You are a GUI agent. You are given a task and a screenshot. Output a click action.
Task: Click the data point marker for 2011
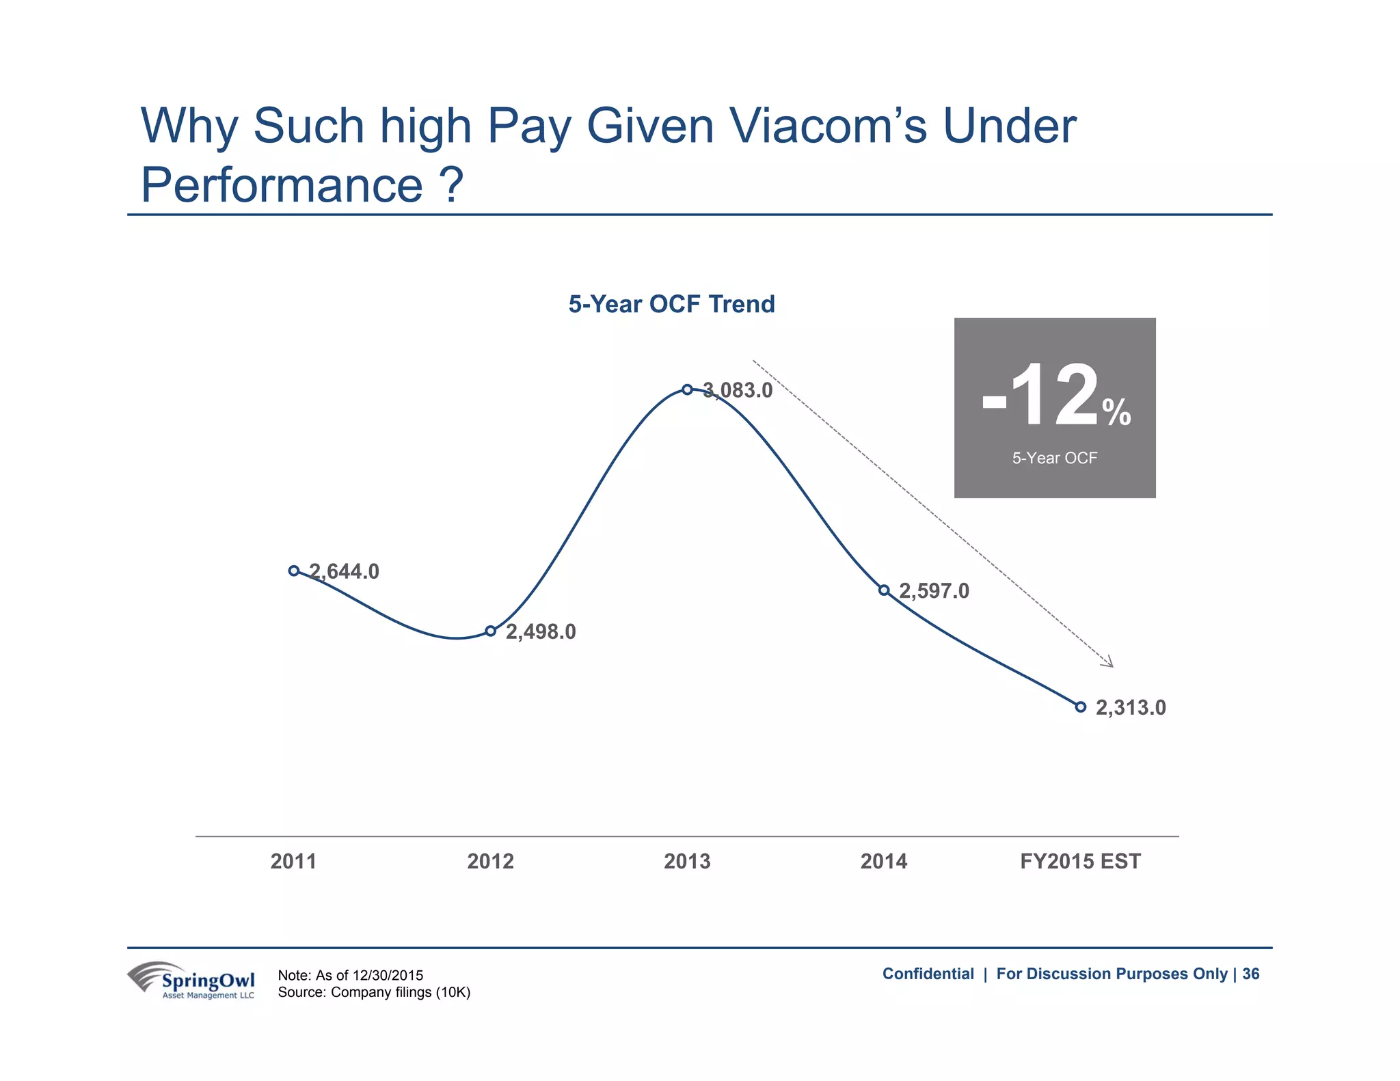tap(294, 571)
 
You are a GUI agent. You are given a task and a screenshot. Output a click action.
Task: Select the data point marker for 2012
tap(490, 631)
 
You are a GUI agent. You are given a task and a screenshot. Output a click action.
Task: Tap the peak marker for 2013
tap(687, 389)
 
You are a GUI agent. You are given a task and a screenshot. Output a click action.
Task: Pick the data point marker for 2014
tap(884, 590)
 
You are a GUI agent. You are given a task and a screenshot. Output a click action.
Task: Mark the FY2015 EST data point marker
tap(1080, 707)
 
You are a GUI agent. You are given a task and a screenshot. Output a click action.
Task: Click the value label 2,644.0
tap(345, 571)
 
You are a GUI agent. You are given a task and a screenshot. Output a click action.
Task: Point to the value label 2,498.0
tap(541, 632)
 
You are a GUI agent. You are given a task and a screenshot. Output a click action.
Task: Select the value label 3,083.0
tap(738, 391)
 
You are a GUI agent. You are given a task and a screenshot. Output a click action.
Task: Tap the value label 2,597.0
tap(934, 591)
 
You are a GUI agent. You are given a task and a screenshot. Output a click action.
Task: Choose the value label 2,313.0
tap(1131, 708)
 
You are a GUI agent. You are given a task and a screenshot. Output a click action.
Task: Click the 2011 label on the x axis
tap(293, 861)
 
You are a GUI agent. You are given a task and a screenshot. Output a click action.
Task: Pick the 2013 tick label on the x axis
tap(687, 861)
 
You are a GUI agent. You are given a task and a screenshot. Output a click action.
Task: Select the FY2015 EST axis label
tap(1080, 861)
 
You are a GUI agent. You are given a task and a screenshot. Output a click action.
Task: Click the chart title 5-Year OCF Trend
tap(671, 304)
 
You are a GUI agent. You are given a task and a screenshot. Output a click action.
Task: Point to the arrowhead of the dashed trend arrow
tap(1109, 663)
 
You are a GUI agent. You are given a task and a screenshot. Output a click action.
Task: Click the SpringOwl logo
tap(191, 981)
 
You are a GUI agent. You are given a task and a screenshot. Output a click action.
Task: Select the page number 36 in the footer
tap(1250, 974)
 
